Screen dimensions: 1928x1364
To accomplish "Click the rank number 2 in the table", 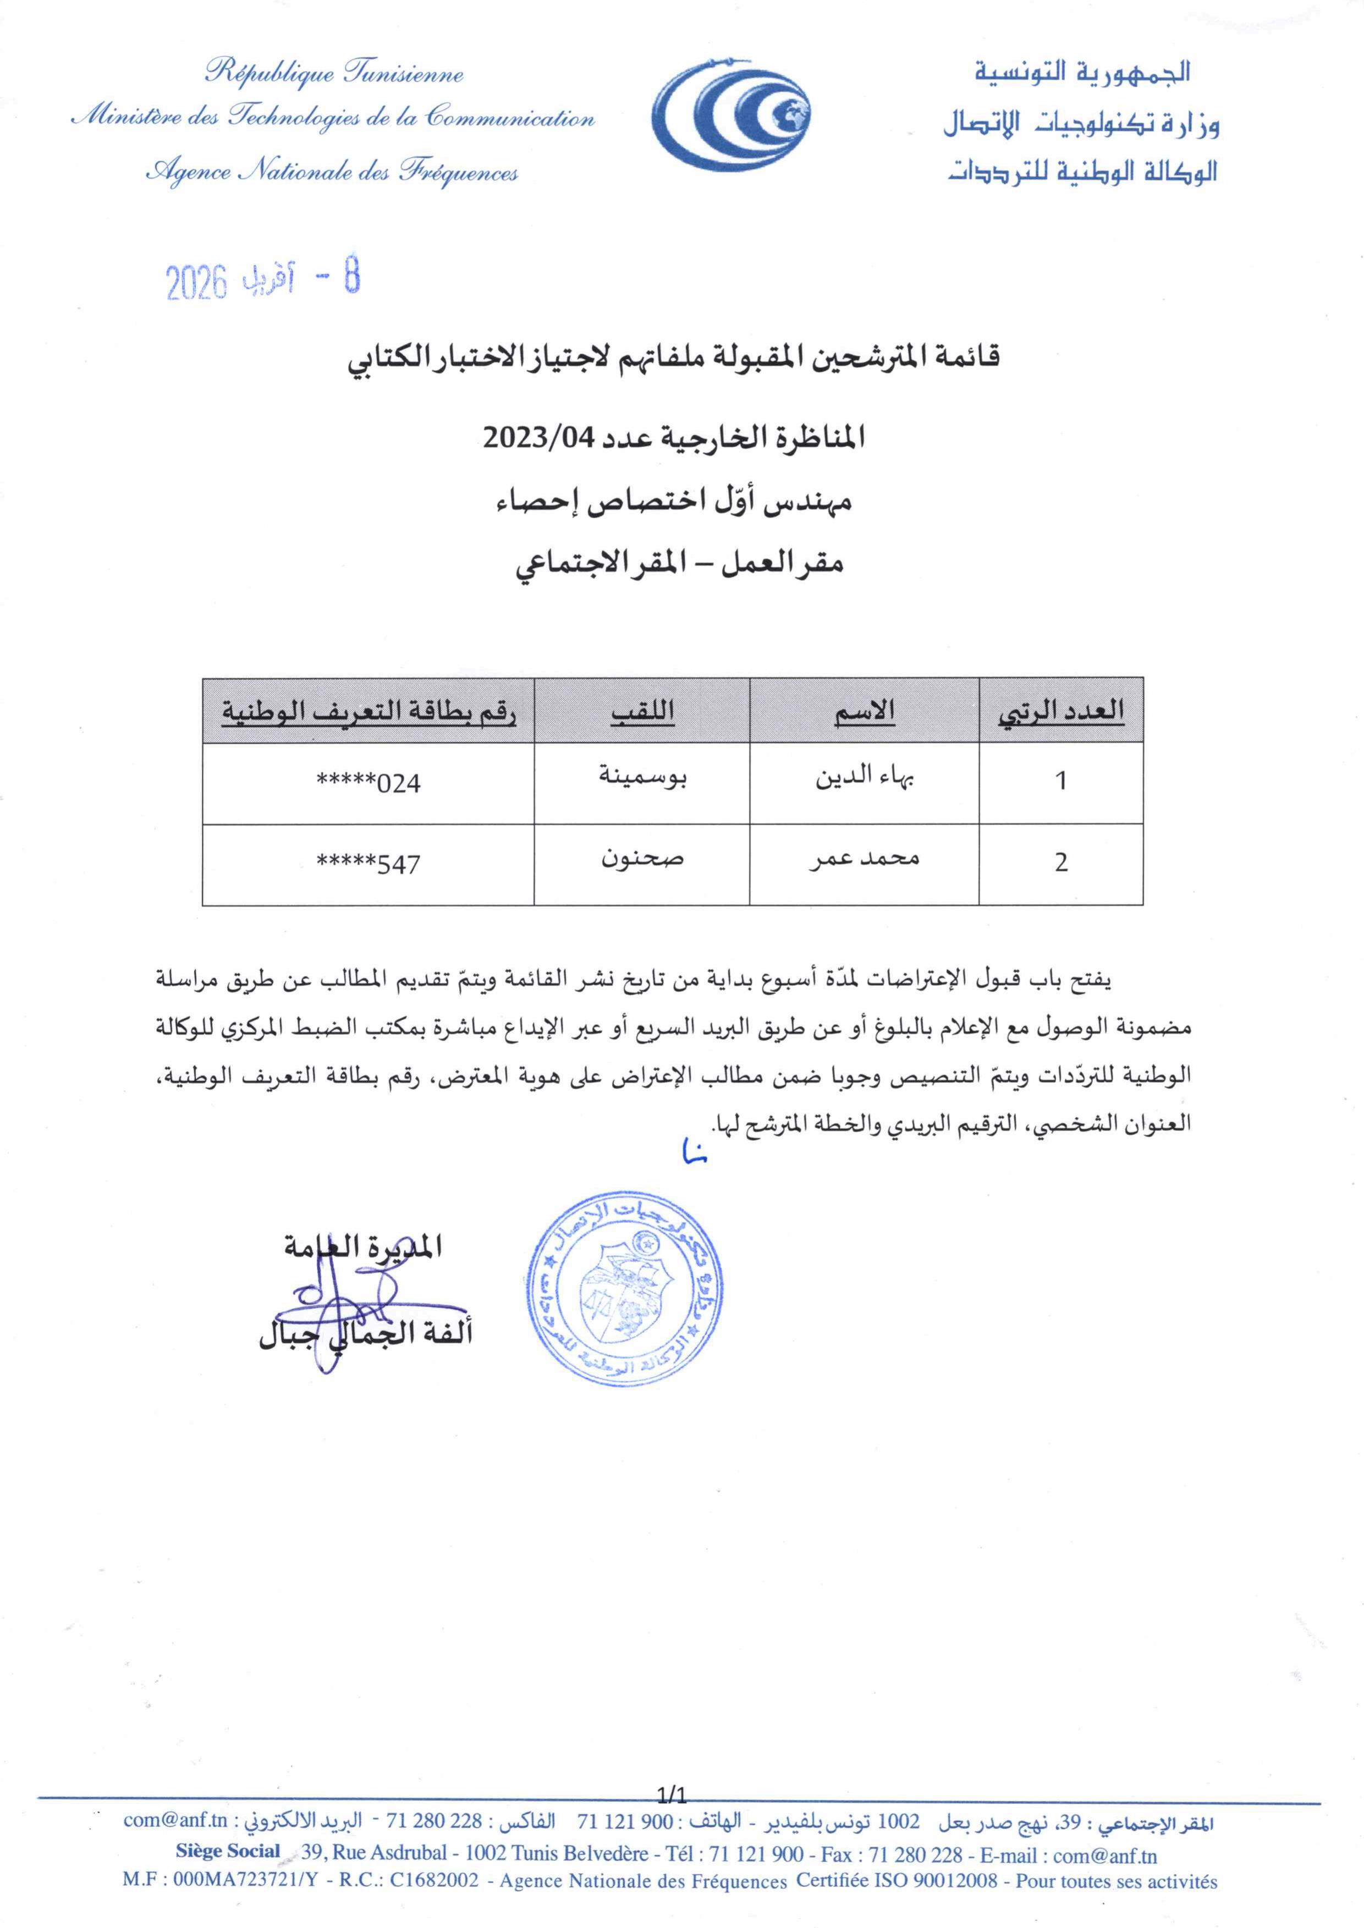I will (1061, 863).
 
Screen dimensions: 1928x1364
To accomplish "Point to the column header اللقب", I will (642, 712).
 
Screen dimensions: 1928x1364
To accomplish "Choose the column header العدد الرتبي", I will (1061, 712).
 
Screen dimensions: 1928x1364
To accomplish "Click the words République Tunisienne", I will (334, 73).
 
